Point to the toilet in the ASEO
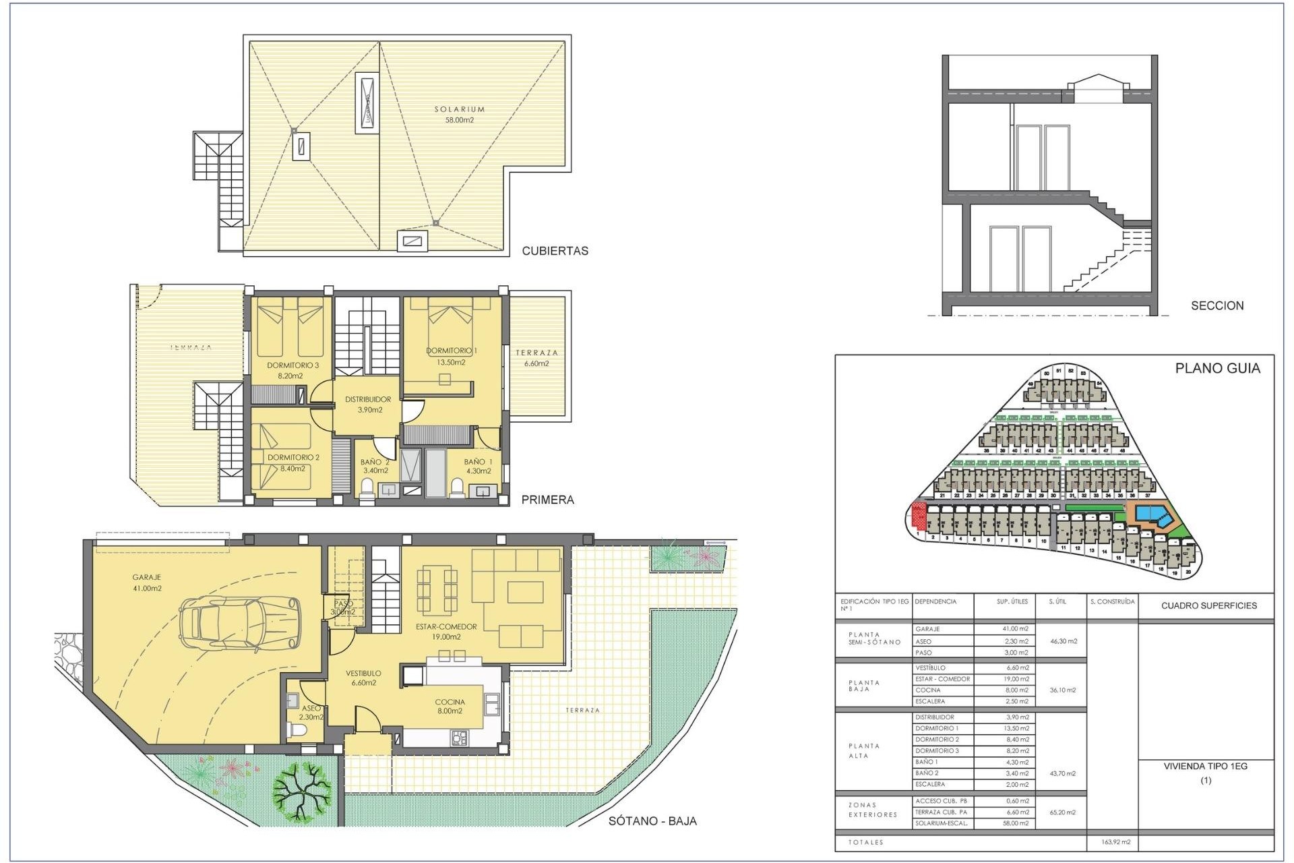click(297, 731)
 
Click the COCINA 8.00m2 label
click(450, 706)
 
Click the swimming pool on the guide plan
click(1153, 515)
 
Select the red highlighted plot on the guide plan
click(917, 516)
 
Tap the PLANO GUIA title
click(1217, 368)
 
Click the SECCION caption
click(1217, 305)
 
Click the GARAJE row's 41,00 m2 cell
click(1015, 629)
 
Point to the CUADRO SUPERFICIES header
click(1208, 605)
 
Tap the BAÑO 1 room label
click(478, 466)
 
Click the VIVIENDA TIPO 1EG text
click(1205, 767)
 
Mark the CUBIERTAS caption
click(555, 251)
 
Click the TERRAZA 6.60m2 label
click(536, 357)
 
